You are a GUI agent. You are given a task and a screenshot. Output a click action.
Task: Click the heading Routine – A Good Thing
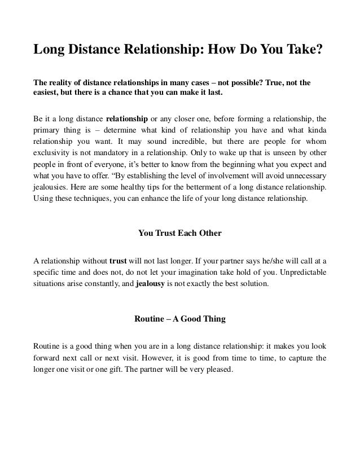179,319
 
